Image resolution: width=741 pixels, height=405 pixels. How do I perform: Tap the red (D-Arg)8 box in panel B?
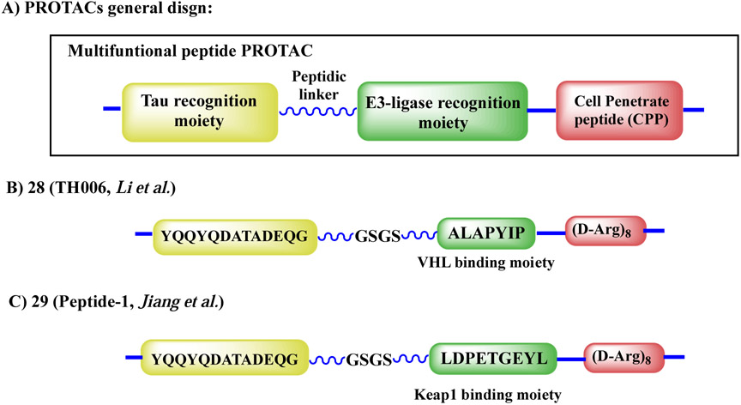tap(605, 229)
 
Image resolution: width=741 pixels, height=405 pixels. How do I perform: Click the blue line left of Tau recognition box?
tap(111, 110)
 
